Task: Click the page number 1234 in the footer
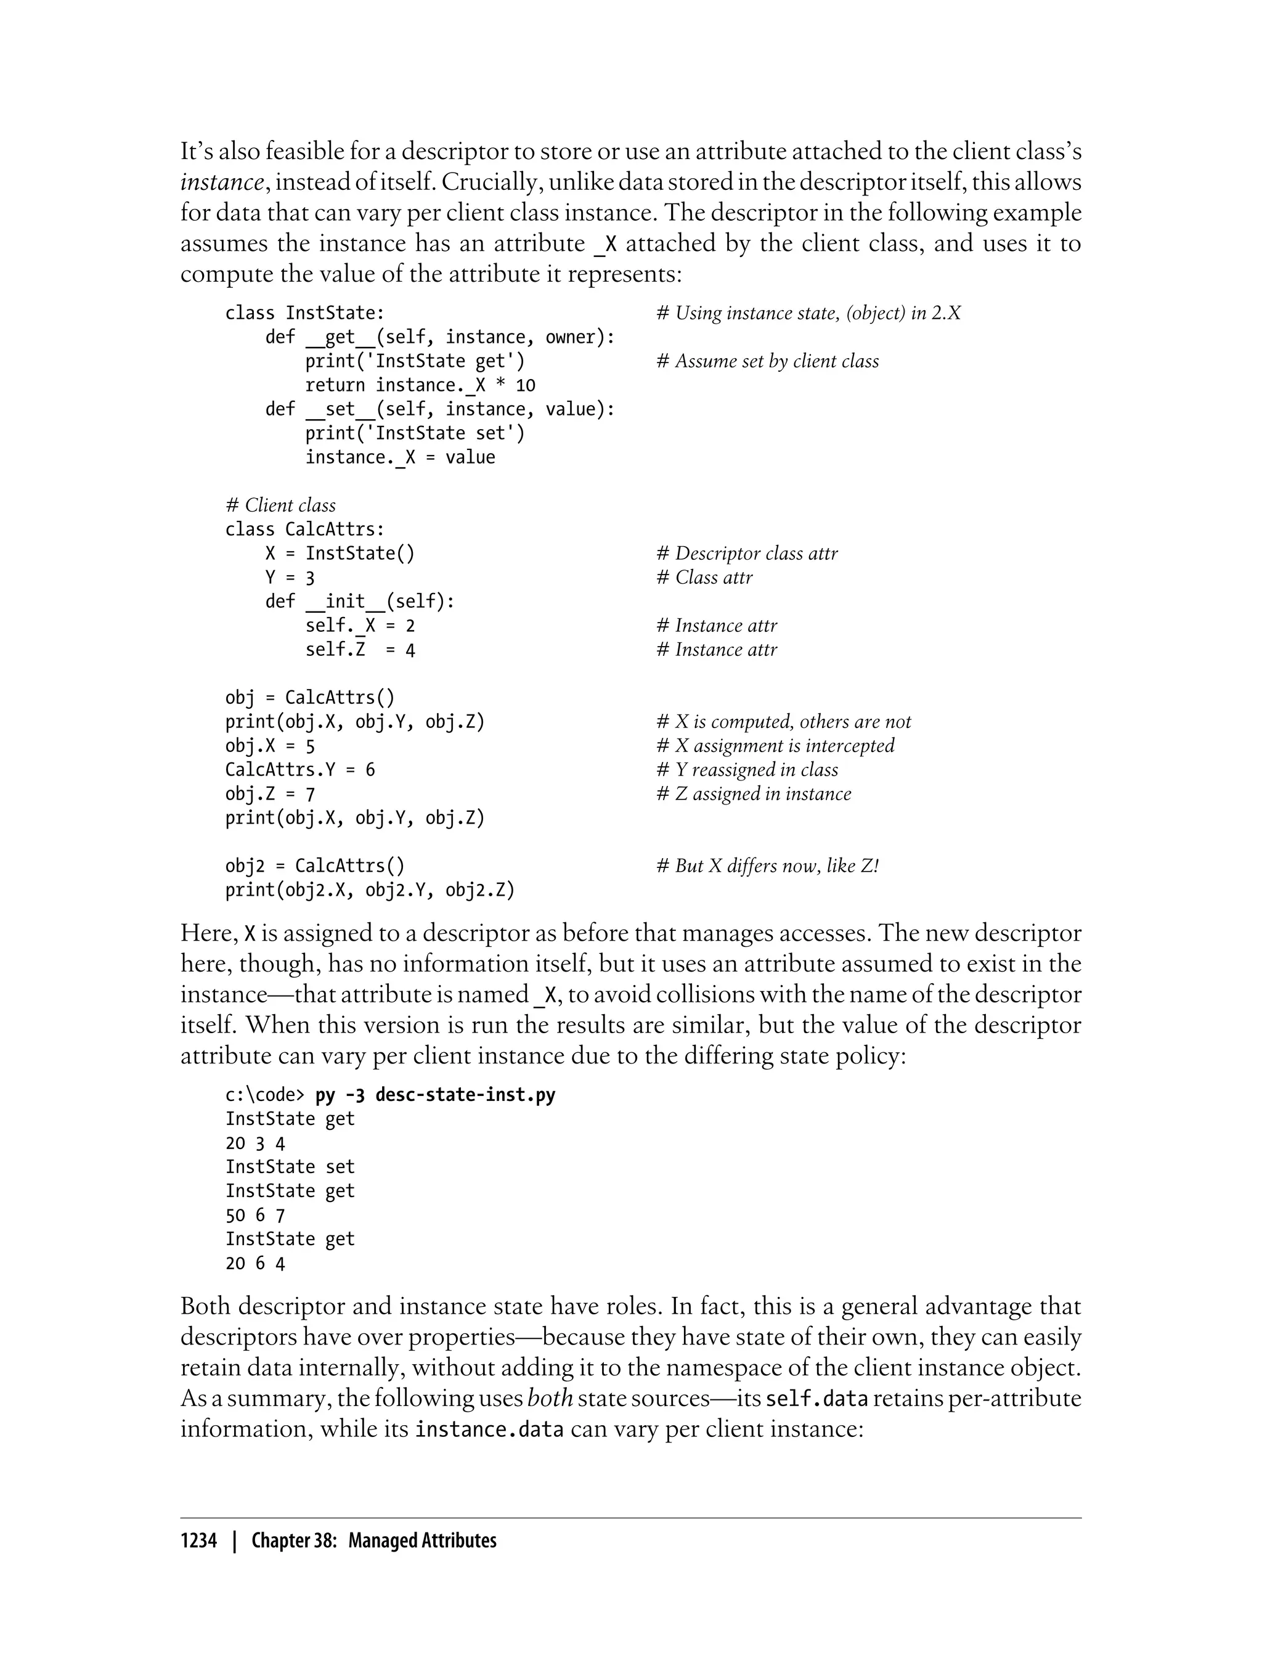pyautogui.click(x=198, y=1540)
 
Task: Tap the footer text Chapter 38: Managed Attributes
pyautogui.click(x=373, y=1540)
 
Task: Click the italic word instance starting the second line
pyautogui.click(x=222, y=182)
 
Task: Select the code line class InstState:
pyautogui.click(x=305, y=313)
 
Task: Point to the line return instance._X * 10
pyautogui.click(x=420, y=385)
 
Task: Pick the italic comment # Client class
pyautogui.click(x=280, y=505)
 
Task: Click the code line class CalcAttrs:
pyautogui.click(x=305, y=530)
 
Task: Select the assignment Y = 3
pyautogui.click(x=290, y=578)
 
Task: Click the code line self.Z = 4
pyautogui.click(x=360, y=650)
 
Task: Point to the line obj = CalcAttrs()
pyautogui.click(x=309, y=698)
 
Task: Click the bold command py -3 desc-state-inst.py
pyautogui.click(x=435, y=1095)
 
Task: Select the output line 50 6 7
pyautogui.click(x=255, y=1215)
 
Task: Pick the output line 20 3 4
pyautogui.click(x=255, y=1143)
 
